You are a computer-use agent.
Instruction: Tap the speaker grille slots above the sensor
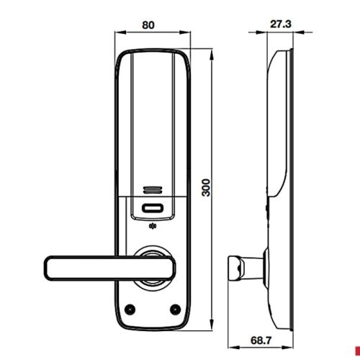pos(149,191)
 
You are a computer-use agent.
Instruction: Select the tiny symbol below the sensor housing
pos(151,232)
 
